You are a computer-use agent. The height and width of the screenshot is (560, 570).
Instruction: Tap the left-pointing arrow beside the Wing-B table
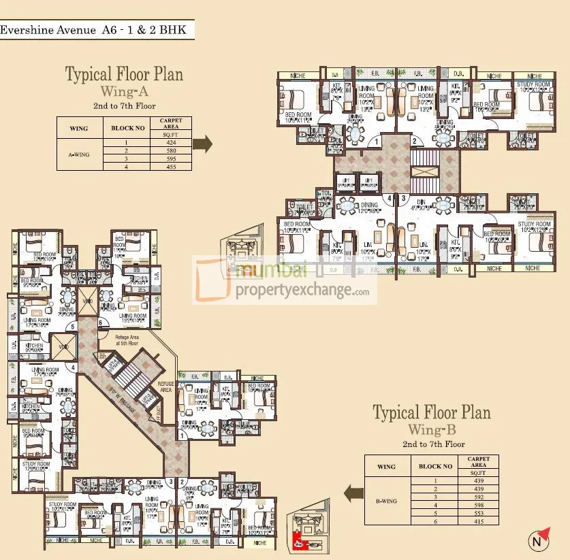click(x=354, y=493)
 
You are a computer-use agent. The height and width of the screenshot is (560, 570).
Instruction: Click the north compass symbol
click(x=539, y=542)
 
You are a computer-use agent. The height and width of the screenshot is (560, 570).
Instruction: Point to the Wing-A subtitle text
click(x=123, y=90)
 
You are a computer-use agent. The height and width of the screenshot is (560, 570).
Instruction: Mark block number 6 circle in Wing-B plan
click(x=100, y=323)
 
